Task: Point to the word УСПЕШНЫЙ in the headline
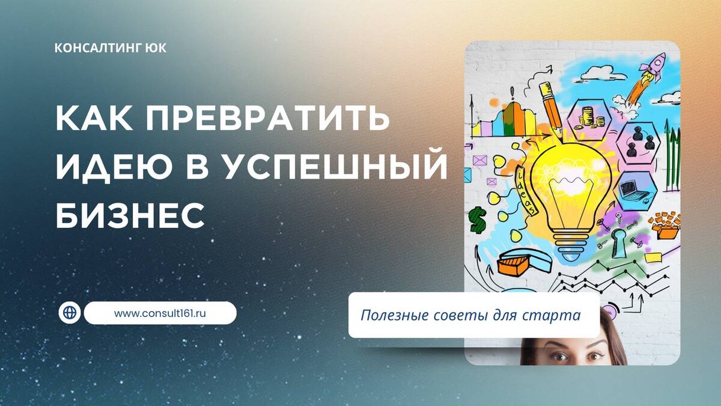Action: click(336, 168)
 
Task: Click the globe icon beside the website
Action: click(70, 313)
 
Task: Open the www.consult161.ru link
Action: click(160, 313)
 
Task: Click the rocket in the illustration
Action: click(649, 75)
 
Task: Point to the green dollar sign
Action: click(478, 219)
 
